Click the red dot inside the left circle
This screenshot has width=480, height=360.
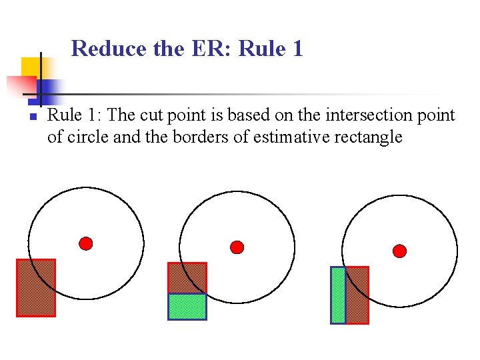pyautogui.click(x=86, y=243)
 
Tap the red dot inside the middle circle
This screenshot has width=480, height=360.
pyautogui.click(x=237, y=247)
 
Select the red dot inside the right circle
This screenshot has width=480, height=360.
pyautogui.click(x=399, y=251)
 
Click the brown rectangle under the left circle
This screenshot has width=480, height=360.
pyautogui.click(x=36, y=287)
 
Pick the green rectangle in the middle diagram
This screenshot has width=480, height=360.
pyautogui.click(x=187, y=307)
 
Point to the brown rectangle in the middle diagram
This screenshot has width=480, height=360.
pyautogui.click(x=187, y=278)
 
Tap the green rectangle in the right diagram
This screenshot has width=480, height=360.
pyautogui.click(x=338, y=295)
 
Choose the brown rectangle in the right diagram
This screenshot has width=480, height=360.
pyautogui.click(x=357, y=295)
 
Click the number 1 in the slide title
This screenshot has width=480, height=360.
pyautogui.click(x=297, y=49)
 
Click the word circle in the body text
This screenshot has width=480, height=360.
pyautogui.click(x=85, y=137)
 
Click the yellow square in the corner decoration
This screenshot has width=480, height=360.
pyautogui.click(x=31, y=67)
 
